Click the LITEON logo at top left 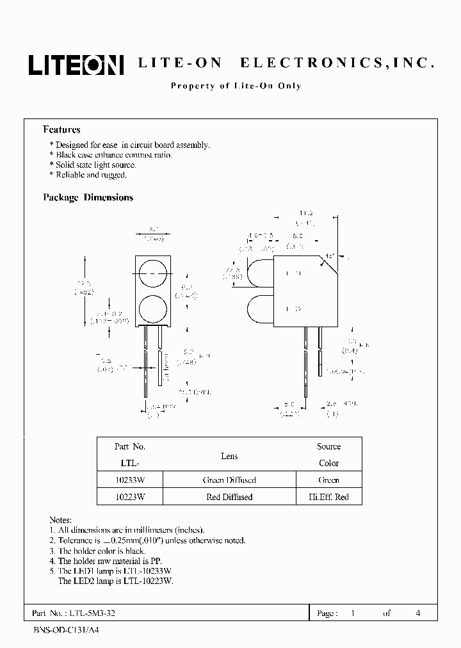pyautogui.click(x=75, y=64)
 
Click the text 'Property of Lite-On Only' pyautogui.click(x=236, y=86)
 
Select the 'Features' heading pyautogui.click(x=61, y=129)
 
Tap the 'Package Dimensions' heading pyautogui.click(x=88, y=198)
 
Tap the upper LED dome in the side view pyautogui.click(x=259, y=275)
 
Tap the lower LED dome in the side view pyautogui.click(x=259, y=309)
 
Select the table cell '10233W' pyautogui.click(x=130, y=480)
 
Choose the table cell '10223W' pyautogui.click(x=130, y=497)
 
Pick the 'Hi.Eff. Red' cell pyautogui.click(x=328, y=497)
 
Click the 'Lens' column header pyautogui.click(x=229, y=456)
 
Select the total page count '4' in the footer pyautogui.click(x=417, y=613)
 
